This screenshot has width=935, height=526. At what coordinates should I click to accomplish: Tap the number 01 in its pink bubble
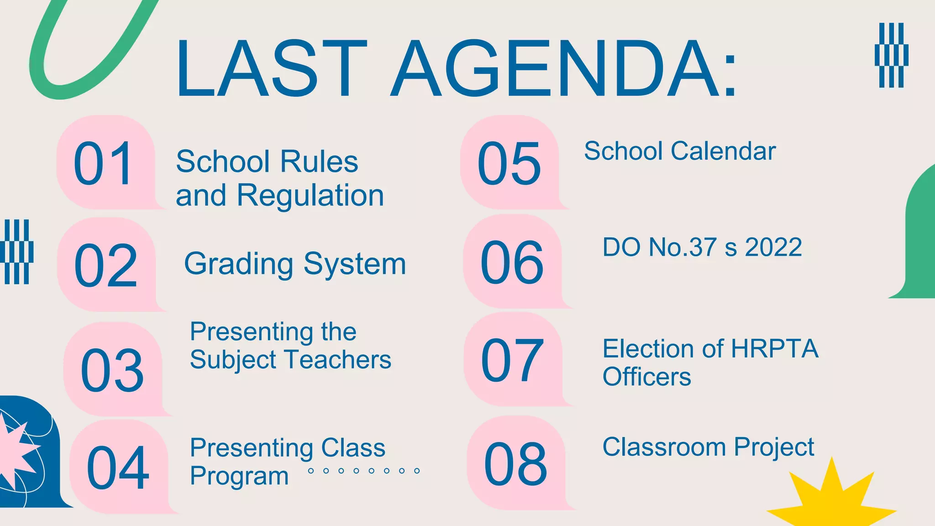coord(104,163)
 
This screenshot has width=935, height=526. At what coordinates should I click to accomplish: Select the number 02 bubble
coord(105,265)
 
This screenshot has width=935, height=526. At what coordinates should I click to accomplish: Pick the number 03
coord(112,369)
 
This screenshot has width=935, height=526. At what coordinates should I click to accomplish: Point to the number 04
coord(118,468)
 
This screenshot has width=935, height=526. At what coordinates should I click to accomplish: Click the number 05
coord(509,163)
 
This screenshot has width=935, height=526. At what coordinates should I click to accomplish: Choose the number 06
coord(512,263)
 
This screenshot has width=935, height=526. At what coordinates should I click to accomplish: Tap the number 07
coord(512,360)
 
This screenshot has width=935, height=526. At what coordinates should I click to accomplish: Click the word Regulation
coord(310,196)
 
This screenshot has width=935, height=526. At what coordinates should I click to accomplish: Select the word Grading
coord(238,264)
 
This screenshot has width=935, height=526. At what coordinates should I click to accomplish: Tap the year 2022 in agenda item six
coord(773,247)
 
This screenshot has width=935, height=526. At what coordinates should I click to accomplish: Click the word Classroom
coord(664,447)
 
